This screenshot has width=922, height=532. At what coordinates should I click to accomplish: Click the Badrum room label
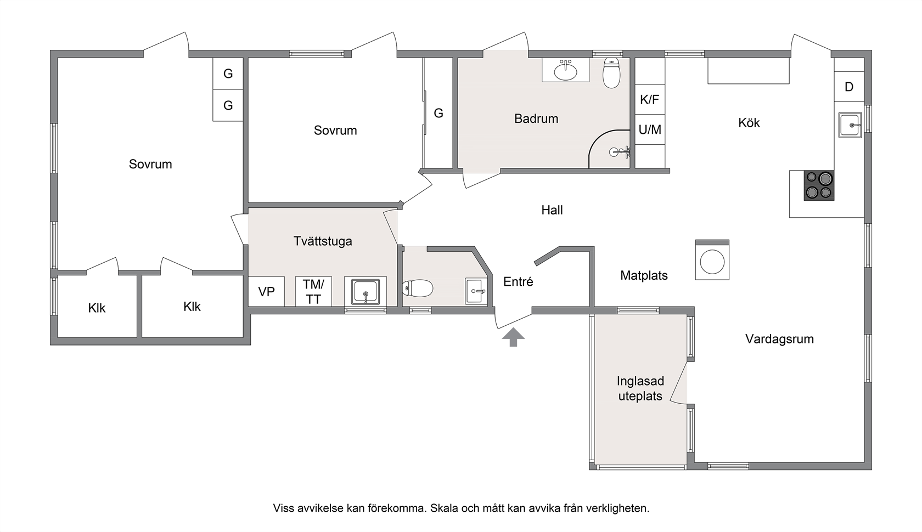point(536,118)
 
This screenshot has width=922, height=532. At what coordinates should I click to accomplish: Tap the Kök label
point(749,123)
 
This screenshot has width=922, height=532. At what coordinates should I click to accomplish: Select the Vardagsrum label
point(779,339)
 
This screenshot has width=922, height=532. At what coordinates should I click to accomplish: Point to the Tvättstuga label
point(323,241)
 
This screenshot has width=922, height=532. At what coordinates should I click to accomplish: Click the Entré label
point(518,281)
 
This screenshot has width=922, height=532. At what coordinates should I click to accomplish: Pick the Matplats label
point(644,275)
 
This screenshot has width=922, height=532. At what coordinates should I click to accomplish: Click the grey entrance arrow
point(513,337)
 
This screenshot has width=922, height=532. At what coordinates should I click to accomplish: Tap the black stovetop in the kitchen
point(819,185)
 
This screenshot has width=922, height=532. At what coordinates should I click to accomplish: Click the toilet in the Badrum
point(611,73)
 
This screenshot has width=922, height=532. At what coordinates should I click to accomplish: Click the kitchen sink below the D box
point(850,124)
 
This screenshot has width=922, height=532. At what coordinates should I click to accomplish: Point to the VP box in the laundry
point(266,291)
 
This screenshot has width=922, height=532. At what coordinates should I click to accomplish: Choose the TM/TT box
point(313,291)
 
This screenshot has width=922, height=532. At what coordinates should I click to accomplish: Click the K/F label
point(650,99)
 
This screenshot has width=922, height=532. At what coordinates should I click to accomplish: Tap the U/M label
point(650,129)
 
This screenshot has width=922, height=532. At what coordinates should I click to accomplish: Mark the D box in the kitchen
point(848,87)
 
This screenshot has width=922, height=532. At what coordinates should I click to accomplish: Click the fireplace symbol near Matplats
point(712,261)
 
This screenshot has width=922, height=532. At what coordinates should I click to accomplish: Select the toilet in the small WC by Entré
point(417,288)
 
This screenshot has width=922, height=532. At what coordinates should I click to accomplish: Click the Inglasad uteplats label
point(640,388)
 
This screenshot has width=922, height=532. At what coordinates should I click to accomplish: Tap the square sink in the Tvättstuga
point(365,292)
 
